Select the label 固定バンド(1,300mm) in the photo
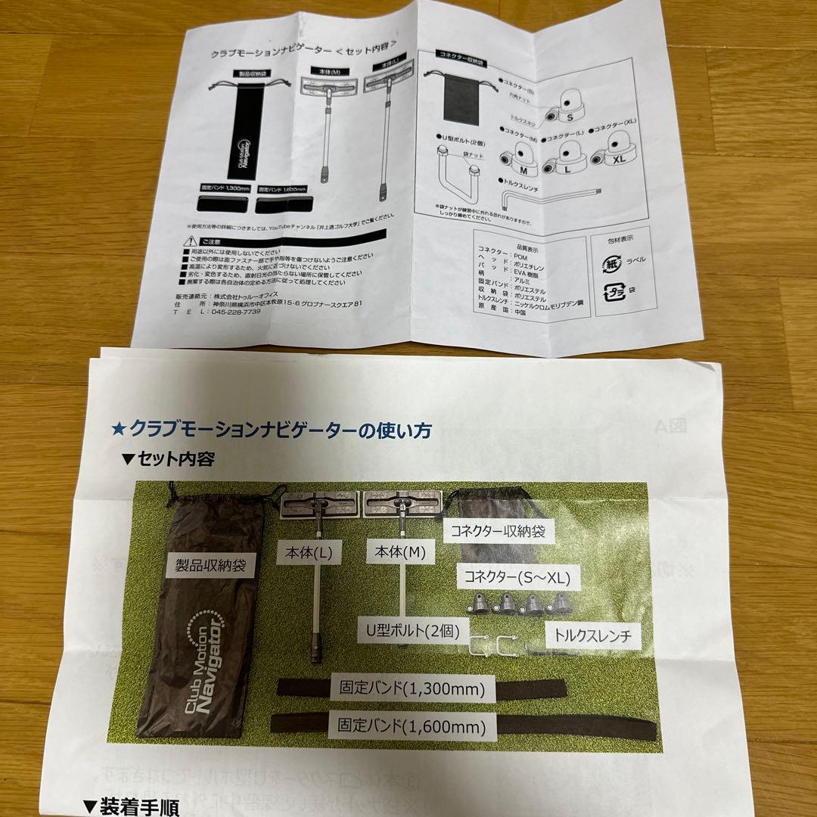point(412,689)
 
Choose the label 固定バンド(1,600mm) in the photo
point(412,727)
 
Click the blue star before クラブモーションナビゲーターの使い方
point(118,430)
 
